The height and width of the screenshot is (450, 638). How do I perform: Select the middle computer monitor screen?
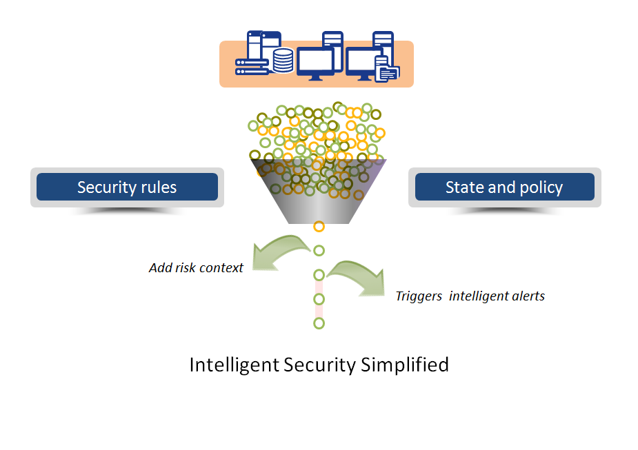click(x=315, y=61)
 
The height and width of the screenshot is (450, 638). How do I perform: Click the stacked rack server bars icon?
click(x=251, y=66)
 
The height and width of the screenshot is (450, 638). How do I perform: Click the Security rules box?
click(x=127, y=187)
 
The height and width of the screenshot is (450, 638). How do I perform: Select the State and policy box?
click(x=504, y=187)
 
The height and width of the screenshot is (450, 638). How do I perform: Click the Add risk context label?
click(x=196, y=268)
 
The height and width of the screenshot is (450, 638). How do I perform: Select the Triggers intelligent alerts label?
click(x=470, y=296)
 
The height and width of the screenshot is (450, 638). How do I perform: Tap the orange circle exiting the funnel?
click(x=319, y=226)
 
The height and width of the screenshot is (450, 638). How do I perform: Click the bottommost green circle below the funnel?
click(x=319, y=323)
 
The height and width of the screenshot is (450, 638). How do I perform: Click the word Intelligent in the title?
click(x=234, y=364)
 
